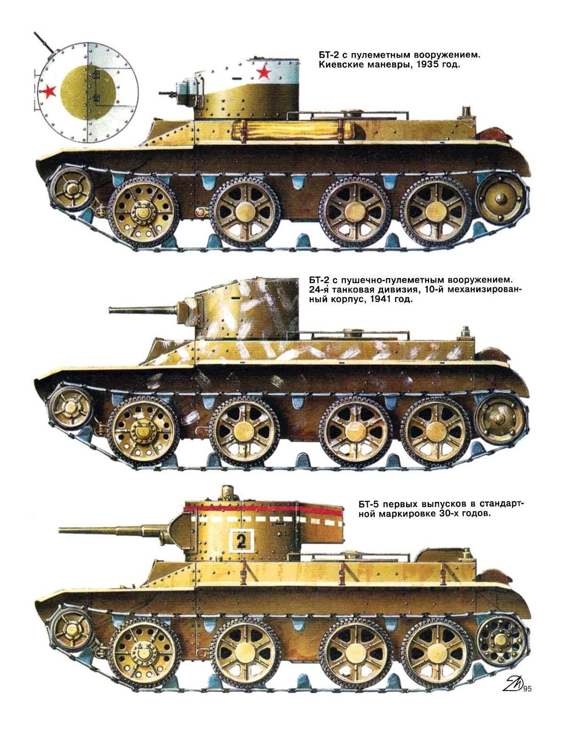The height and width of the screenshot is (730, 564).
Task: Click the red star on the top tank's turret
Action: point(264,72)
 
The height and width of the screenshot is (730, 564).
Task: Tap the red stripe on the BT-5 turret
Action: point(265,509)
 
